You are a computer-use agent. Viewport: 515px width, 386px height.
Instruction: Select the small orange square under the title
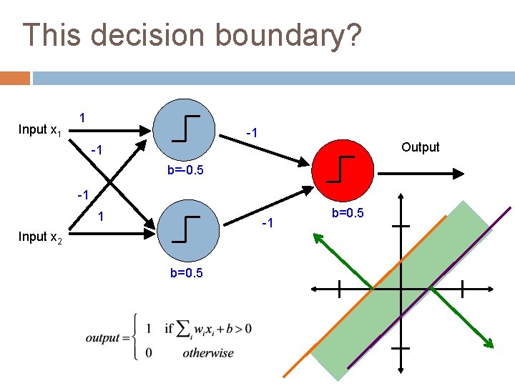click(15, 78)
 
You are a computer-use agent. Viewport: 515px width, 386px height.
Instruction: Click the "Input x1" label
click(39, 130)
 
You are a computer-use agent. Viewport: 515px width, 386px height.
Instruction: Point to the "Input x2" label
click(39, 237)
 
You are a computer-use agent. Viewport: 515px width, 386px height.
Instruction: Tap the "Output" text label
click(420, 147)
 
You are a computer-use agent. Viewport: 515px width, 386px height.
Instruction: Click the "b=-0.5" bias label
click(185, 170)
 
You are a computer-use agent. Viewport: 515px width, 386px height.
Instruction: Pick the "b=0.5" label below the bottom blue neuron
click(185, 273)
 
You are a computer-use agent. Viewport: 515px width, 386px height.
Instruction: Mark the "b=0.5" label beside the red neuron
click(348, 213)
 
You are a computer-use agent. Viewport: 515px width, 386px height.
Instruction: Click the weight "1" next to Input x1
click(84, 117)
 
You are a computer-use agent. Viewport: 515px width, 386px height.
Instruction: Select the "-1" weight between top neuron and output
click(252, 133)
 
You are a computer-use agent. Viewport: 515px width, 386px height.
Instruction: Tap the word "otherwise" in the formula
click(207, 352)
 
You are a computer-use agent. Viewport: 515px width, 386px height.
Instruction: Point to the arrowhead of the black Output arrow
click(463, 172)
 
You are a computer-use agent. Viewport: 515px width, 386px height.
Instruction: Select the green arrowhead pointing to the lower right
click(489, 342)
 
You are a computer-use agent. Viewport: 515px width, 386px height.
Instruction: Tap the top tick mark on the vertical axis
click(401, 226)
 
